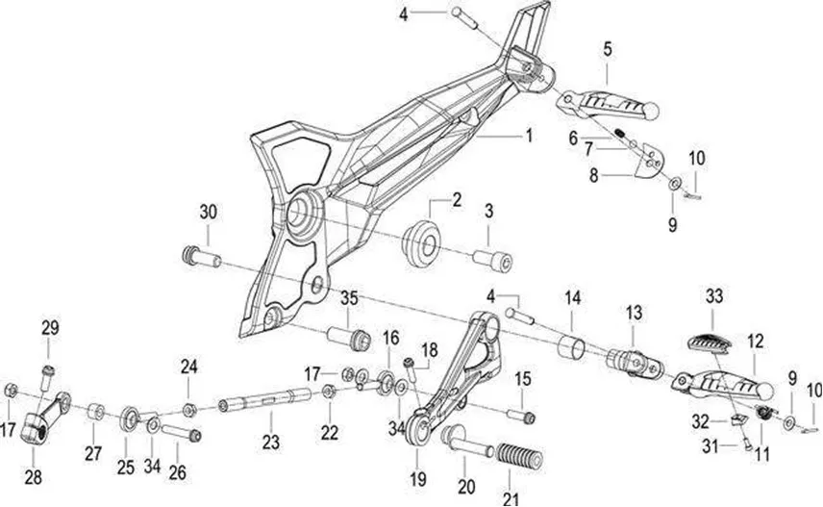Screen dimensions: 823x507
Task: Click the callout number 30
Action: (208, 213)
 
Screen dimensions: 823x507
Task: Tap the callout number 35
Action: (349, 298)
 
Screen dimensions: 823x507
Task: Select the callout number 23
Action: (271, 442)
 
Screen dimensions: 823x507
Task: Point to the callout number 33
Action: (713, 295)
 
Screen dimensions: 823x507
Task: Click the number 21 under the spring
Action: (511, 498)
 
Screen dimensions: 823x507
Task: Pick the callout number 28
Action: (33, 477)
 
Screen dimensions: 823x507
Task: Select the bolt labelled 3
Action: (492, 261)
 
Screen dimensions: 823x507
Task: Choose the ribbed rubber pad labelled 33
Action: (709, 342)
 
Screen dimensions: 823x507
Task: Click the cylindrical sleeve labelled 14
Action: (570, 348)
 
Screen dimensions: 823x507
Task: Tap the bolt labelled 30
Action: (202, 258)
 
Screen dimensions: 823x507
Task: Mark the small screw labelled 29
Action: (47, 378)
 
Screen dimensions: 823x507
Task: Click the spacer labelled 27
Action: (95, 412)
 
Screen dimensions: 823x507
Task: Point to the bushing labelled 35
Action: (349, 338)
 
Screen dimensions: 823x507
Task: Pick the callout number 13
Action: (634, 313)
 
